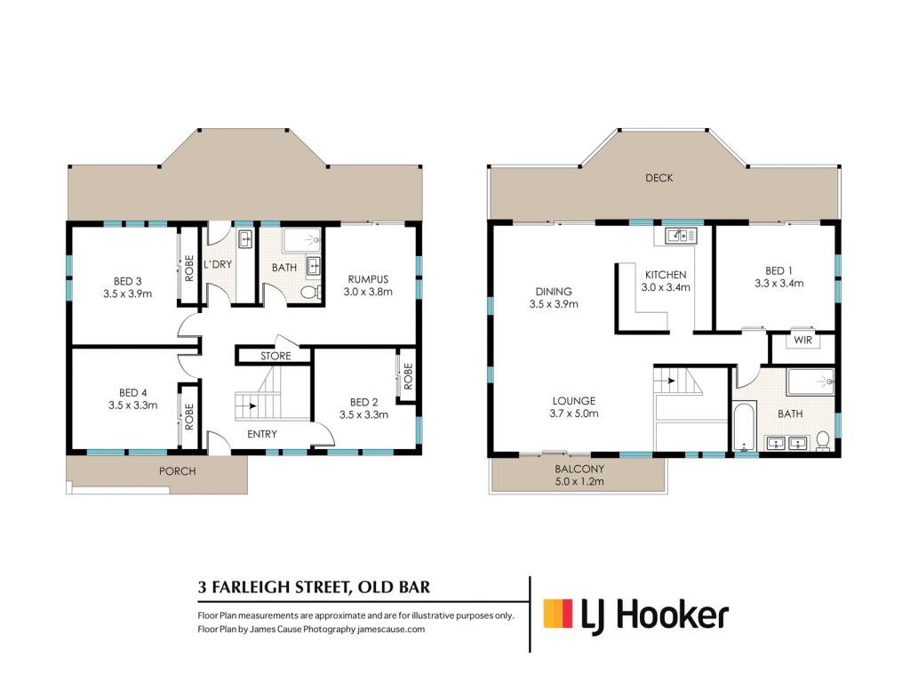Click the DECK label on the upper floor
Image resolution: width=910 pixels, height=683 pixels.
(659, 178)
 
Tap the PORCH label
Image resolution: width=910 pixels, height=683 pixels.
(177, 471)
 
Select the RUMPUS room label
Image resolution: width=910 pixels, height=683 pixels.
(368, 279)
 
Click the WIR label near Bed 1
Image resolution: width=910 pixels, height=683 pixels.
(802, 340)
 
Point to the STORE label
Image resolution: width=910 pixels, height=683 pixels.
(275, 356)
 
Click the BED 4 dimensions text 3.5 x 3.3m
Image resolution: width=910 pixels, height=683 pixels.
(133, 406)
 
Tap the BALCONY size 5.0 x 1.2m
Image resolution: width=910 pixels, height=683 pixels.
(579, 481)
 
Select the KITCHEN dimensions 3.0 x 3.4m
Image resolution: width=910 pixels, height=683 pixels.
(666, 287)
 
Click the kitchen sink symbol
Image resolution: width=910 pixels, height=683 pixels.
(681, 235)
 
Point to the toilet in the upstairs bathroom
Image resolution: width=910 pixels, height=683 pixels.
(822, 441)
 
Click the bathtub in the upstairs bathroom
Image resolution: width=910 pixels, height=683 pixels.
(743, 428)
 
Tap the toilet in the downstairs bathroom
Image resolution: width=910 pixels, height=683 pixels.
(310, 292)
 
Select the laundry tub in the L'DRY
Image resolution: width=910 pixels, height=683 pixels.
(245, 239)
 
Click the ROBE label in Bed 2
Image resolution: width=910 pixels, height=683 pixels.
(408, 376)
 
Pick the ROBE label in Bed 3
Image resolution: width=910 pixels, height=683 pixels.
(188, 269)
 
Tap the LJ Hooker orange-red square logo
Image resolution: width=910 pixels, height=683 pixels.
(558, 614)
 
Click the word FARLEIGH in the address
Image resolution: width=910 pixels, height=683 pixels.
(251, 587)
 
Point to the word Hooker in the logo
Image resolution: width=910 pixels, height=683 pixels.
(672, 615)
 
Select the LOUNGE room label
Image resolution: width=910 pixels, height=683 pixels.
(573, 401)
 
